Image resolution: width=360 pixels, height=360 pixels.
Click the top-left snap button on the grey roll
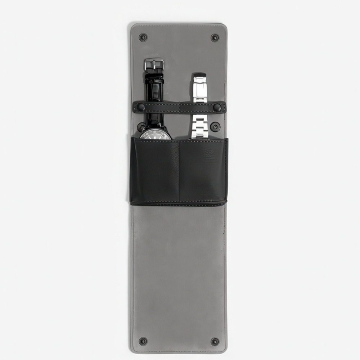(143, 37)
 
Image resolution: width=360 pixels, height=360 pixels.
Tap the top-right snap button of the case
(215, 37)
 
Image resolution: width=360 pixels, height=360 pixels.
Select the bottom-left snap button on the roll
(143, 341)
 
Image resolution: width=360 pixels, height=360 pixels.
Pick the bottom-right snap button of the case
(215, 341)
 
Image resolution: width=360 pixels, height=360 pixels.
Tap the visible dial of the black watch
(156, 135)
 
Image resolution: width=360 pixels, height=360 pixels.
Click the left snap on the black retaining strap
(141, 107)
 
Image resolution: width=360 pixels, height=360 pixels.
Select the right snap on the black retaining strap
(217, 107)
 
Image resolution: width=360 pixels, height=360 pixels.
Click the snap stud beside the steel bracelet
(215, 127)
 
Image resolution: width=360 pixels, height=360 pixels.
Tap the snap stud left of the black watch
(141, 127)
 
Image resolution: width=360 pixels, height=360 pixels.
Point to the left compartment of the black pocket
(155, 171)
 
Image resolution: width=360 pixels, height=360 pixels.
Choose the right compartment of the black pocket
(203, 171)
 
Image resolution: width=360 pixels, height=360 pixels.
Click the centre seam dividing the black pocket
(179, 171)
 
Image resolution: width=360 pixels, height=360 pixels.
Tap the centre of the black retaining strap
(179, 107)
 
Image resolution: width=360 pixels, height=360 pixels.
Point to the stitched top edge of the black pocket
(179, 140)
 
